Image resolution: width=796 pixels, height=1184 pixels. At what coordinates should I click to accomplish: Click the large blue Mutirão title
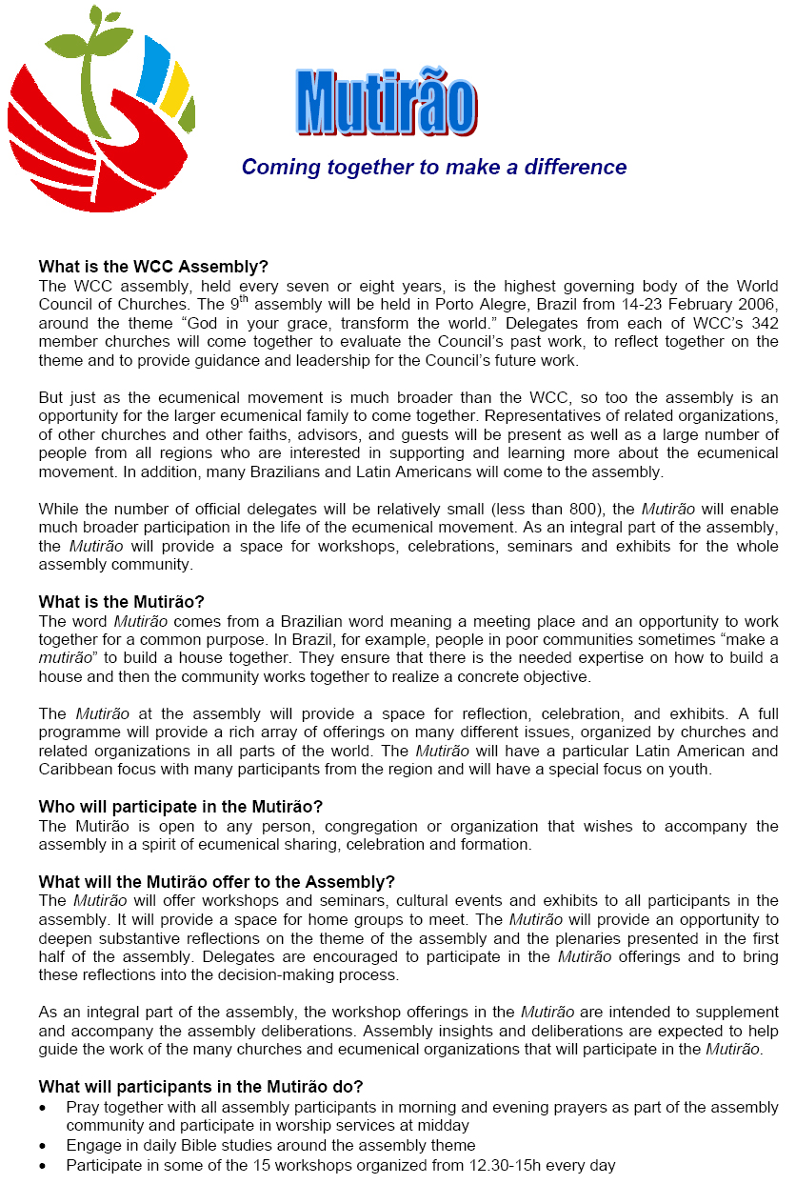[386, 102]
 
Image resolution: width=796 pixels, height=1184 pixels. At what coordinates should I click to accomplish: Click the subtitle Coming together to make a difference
[434, 168]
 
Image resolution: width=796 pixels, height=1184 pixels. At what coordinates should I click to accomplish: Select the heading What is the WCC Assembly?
[154, 267]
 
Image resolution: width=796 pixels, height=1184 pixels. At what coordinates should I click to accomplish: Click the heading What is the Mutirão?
[122, 601]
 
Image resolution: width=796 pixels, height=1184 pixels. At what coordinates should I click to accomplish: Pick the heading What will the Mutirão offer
[217, 881]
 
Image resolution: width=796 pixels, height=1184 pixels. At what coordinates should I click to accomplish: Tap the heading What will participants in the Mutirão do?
[201, 1087]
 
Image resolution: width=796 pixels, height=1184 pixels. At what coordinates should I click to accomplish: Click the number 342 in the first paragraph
[765, 324]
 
